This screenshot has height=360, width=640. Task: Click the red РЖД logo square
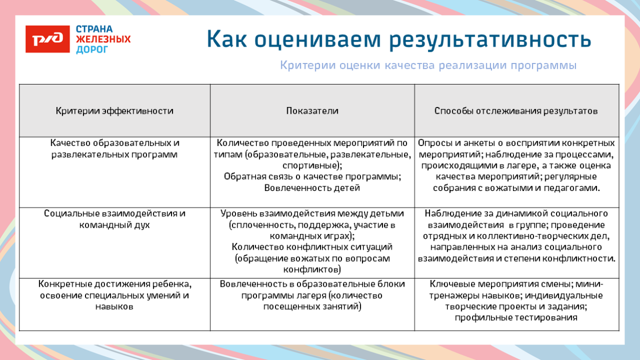48,39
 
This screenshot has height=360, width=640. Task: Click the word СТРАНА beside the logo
94,29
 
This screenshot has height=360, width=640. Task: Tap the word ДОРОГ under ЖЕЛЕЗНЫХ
92,50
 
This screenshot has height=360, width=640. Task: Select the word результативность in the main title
490,39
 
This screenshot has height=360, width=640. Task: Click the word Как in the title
228,39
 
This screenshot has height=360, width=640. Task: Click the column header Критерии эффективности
114,111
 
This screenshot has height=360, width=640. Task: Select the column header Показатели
312,111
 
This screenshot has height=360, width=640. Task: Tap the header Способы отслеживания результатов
516,111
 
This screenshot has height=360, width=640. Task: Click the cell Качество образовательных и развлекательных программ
115,149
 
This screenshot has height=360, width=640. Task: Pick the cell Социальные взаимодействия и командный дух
115,219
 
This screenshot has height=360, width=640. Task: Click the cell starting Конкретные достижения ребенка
115,295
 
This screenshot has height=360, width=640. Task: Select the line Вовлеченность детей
312,188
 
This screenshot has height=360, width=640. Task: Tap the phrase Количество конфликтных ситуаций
312,247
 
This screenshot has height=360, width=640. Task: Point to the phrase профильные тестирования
516,318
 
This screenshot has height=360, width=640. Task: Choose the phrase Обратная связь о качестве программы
312,177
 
